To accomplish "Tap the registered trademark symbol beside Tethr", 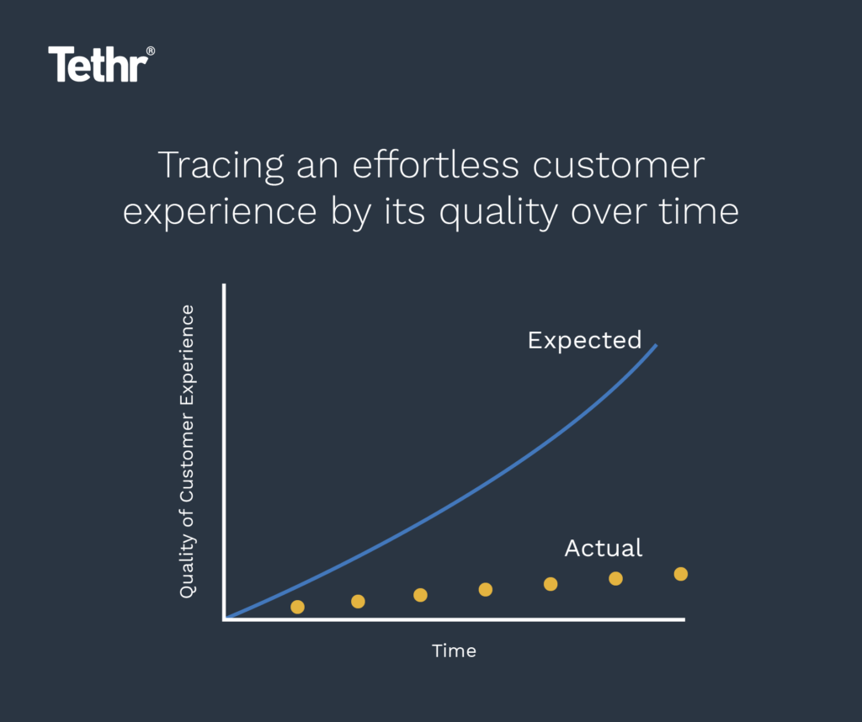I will pos(151,51).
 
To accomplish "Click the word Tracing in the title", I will pos(221,167).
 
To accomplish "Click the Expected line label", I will pos(584,341).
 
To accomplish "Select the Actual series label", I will pos(603,549).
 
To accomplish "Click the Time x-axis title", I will pos(454,650).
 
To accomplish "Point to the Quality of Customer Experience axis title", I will pos(187,451).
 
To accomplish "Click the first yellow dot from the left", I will pos(297,607).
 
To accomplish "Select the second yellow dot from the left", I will pos(358,601).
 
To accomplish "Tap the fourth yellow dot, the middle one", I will pos(485,589).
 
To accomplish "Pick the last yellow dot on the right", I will pos(681,574).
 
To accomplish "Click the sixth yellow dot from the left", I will pos(615,578).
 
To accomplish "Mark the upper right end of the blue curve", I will pos(656,346).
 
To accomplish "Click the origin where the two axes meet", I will pos(225,619).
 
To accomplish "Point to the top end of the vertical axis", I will pos(225,287).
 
